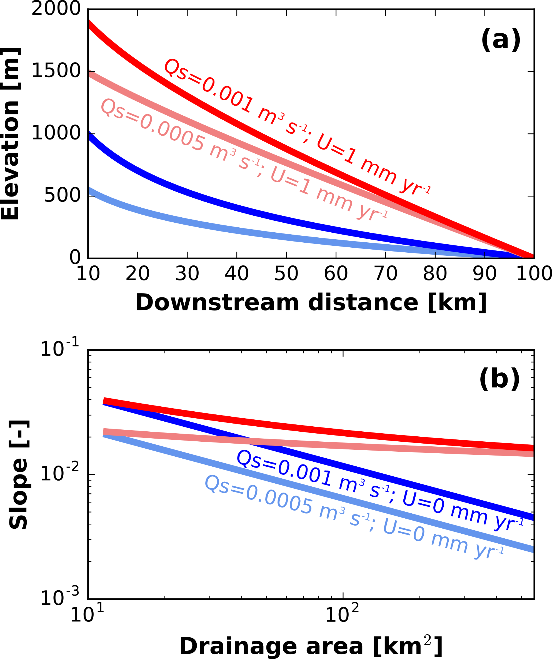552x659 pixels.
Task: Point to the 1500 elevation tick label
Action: [56, 71]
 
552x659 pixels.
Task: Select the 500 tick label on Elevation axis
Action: [63, 195]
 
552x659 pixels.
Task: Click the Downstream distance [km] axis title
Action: [311, 303]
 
